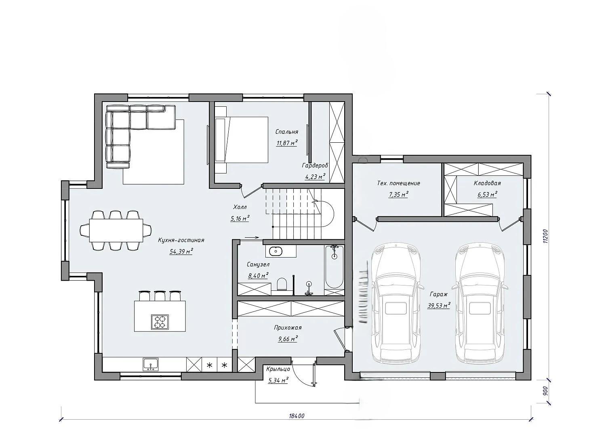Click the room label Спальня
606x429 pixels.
pyautogui.click(x=286, y=132)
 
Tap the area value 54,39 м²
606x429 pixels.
pyautogui.click(x=181, y=251)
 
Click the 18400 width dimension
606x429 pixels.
pyautogui.click(x=297, y=416)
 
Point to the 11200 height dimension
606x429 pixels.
pyautogui.click(x=545, y=237)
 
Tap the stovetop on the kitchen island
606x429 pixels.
pyautogui.click(x=160, y=322)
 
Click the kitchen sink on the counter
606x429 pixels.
pyautogui.click(x=151, y=365)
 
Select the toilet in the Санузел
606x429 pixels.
pyautogui.click(x=282, y=284)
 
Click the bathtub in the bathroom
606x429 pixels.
pyautogui.click(x=335, y=267)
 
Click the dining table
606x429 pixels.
pyautogui.click(x=116, y=230)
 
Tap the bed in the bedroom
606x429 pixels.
pyautogui.click(x=241, y=140)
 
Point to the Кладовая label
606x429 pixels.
pyautogui.click(x=487, y=183)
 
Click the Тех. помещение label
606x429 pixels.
pyautogui.click(x=398, y=183)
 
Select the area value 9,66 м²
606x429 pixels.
pyautogui.click(x=288, y=338)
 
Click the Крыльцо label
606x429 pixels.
pyautogui.click(x=278, y=369)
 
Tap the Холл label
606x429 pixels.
pyautogui.click(x=240, y=207)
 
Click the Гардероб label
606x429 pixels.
pyautogui.click(x=315, y=165)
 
